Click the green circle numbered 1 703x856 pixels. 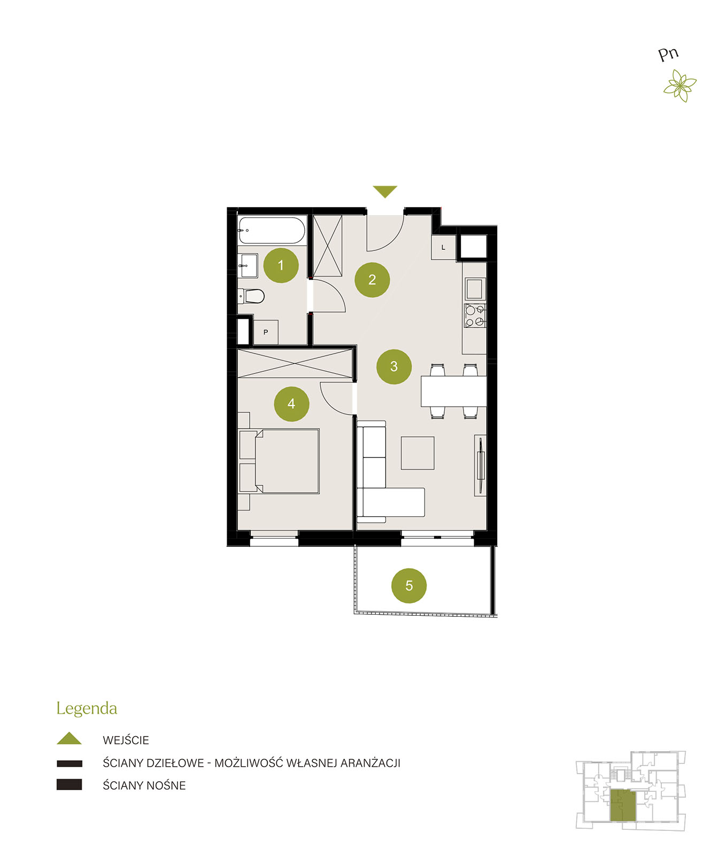(x=281, y=265)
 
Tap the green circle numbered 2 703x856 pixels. (x=372, y=279)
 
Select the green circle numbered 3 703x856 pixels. (x=394, y=366)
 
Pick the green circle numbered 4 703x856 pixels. (x=291, y=403)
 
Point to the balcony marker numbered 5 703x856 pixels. (x=409, y=585)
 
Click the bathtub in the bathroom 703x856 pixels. (x=272, y=231)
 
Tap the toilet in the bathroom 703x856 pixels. (x=251, y=296)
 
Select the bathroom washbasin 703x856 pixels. (x=248, y=266)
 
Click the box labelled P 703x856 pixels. (x=266, y=332)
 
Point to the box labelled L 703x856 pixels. (x=443, y=247)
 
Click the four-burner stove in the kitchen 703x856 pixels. (x=475, y=315)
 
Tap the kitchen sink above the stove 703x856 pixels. (x=475, y=289)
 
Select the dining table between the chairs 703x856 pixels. (x=453, y=391)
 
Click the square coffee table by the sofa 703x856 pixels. (x=418, y=453)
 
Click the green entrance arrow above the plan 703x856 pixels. (x=385, y=192)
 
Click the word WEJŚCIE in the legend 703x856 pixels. (x=126, y=740)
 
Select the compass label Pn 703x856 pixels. (x=668, y=54)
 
